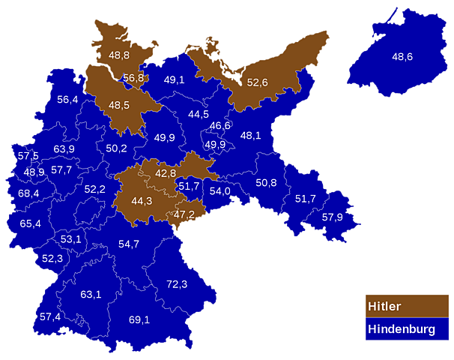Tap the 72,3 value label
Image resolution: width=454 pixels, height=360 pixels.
click(x=177, y=284)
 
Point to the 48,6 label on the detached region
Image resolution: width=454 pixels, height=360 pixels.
click(x=402, y=56)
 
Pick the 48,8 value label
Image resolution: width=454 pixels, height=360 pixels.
click(x=119, y=55)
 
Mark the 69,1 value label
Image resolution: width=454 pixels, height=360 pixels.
click(x=139, y=320)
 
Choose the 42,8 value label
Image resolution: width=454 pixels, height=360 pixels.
click(x=166, y=173)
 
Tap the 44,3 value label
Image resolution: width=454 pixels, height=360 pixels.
click(x=142, y=201)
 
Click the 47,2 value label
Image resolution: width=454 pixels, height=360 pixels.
click(x=184, y=214)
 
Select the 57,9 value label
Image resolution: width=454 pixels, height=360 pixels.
click(x=332, y=217)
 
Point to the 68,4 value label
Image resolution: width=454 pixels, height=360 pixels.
click(x=28, y=193)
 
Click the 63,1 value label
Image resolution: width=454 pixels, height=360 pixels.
click(x=91, y=294)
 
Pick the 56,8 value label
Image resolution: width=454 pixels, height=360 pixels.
click(x=133, y=78)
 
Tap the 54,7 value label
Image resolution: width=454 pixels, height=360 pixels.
click(x=129, y=244)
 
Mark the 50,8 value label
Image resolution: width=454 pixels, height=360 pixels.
click(x=266, y=183)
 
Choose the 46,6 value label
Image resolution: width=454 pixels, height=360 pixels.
click(x=220, y=125)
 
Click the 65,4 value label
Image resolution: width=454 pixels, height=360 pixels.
click(x=31, y=223)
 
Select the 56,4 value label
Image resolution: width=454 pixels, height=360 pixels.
click(x=67, y=100)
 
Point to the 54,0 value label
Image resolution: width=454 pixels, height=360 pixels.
click(x=220, y=191)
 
